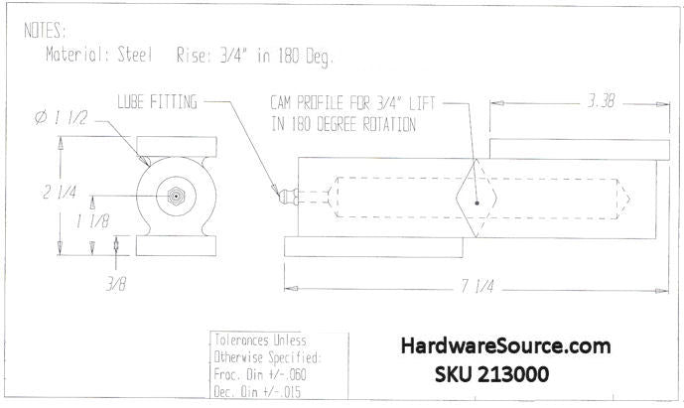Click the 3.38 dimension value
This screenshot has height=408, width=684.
[x=601, y=101]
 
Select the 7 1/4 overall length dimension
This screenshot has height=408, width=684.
[x=478, y=287]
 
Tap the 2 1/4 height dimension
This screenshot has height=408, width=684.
[x=60, y=192]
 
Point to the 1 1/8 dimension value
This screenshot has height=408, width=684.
[x=92, y=221]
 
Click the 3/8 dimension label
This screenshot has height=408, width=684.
[x=116, y=285]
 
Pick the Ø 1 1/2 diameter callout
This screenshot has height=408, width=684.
[x=61, y=118]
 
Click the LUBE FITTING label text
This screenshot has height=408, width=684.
[x=157, y=102]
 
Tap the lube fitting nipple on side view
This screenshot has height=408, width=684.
[x=288, y=197]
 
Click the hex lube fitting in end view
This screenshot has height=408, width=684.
[x=176, y=197]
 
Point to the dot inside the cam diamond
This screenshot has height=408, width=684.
[x=477, y=203]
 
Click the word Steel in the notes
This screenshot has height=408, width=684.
[x=135, y=55]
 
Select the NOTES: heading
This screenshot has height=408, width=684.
[x=45, y=31]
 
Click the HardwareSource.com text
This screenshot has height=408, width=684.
[x=505, y=346]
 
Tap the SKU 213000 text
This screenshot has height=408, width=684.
[x=491, y=374]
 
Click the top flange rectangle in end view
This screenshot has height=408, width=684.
[x=177, y=147]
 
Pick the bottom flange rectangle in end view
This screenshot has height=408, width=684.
[x=177, y=245]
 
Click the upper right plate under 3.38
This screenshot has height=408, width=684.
[x=580, y=150]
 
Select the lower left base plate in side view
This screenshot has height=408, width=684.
[x=373, y=247]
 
